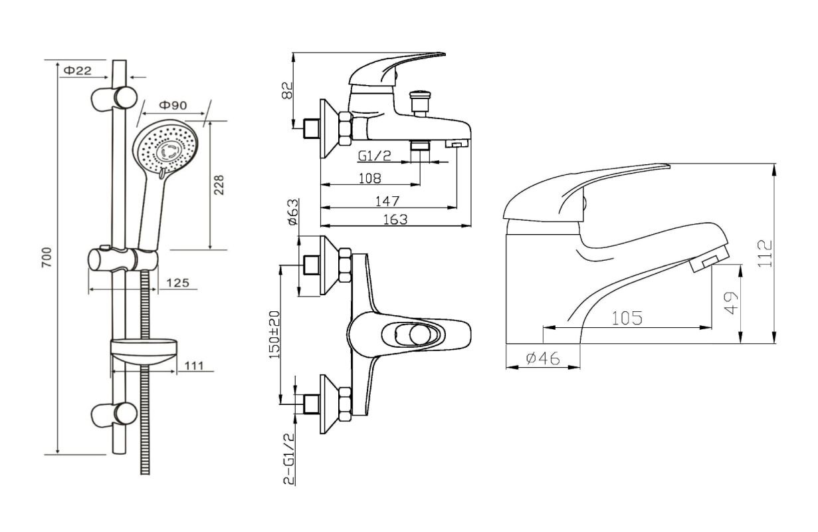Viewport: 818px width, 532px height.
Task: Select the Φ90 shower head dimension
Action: (173, 104)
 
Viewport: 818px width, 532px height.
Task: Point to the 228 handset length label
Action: (219, 185)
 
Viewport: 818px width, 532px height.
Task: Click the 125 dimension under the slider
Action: (177, 283)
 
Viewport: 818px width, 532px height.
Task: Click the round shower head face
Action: (166, 150)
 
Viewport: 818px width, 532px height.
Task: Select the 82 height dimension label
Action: (288, 90)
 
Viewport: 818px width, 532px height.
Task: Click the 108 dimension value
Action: (369, 178)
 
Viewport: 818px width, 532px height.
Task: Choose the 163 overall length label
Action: (395, 219)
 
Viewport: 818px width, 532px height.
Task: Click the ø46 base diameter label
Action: (542, 359)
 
